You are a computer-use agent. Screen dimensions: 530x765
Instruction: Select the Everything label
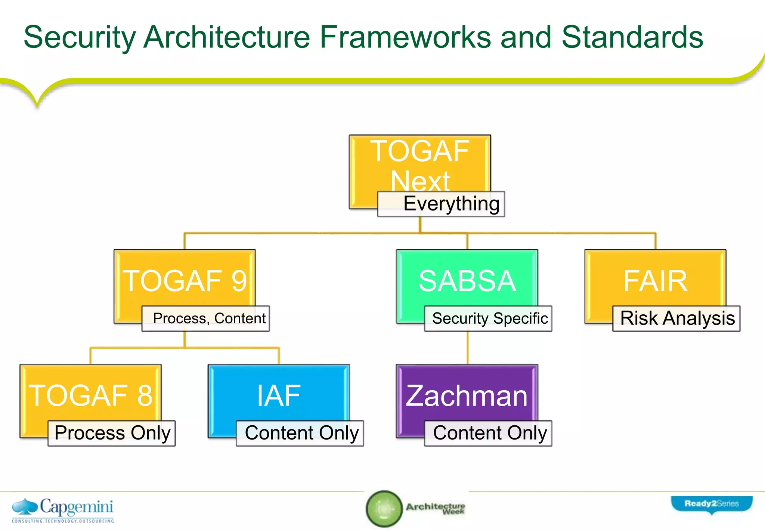click(441, 204)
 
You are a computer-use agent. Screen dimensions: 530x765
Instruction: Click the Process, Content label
click(206, 319)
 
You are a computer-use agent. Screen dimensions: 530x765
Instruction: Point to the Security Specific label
click(488, 319)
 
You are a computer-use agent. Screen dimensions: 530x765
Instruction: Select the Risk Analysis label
click(676, 319)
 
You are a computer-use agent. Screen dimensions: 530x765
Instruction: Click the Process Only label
click(112, 434)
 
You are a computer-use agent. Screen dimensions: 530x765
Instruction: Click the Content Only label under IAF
click(300, 434)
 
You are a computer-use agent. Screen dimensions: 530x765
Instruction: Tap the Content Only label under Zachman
click(488, 434)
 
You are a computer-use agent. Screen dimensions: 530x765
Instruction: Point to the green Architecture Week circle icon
click(384, 509)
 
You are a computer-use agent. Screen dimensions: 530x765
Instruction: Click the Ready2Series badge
click(712, 504)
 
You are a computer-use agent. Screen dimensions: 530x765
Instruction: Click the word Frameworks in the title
click(405, 37)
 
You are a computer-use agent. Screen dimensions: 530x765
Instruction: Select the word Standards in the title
click(632, 37)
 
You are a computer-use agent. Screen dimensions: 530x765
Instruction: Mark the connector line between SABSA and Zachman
click(468, 348)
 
